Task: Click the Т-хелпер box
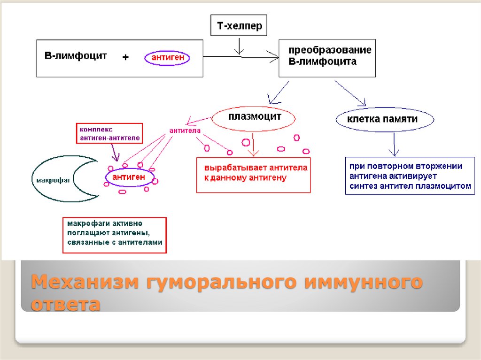239,26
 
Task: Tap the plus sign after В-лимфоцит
125,57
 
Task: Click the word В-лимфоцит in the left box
76,56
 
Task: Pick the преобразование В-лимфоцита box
327,58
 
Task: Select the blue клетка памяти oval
382,119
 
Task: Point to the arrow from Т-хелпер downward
239,46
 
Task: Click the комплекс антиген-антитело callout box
109,133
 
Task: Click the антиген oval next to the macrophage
132,178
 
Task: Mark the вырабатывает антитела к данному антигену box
253,174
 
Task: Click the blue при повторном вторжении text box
410,176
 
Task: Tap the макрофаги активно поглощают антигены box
114,235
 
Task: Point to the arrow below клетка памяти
395,144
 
